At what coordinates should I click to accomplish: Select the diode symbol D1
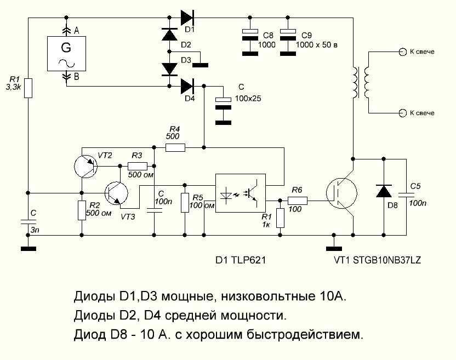tap(187, 17)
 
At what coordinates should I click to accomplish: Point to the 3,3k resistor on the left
tap(28, 88)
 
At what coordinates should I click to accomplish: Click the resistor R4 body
tap(175, 147)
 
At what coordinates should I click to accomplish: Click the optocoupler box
tap(240, 193)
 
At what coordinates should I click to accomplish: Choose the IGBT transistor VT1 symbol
tap(341, 193)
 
